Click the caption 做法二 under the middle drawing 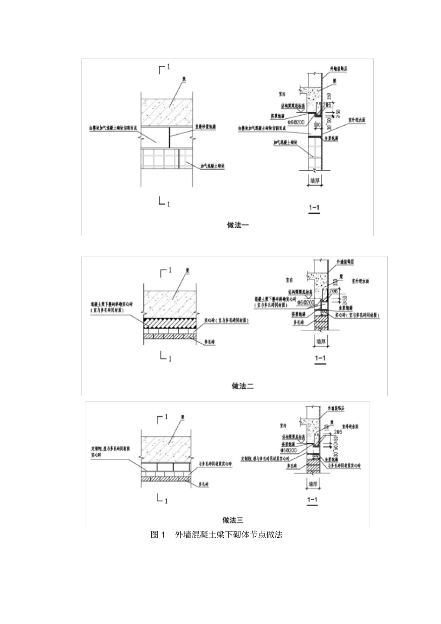[x=242, y=386]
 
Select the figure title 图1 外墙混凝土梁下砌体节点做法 [x=216, y=534]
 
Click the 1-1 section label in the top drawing [x=314, y=207]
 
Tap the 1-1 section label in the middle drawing [x=320, y=358]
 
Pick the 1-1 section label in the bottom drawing [x=312, y=500]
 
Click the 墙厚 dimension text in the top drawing [x=315, y=180]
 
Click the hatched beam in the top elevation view [x=166, y=111]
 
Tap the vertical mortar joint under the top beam [x=170, y=137]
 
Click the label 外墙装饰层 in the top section [x=338, y=69]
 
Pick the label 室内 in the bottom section [x=283, y=425]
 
